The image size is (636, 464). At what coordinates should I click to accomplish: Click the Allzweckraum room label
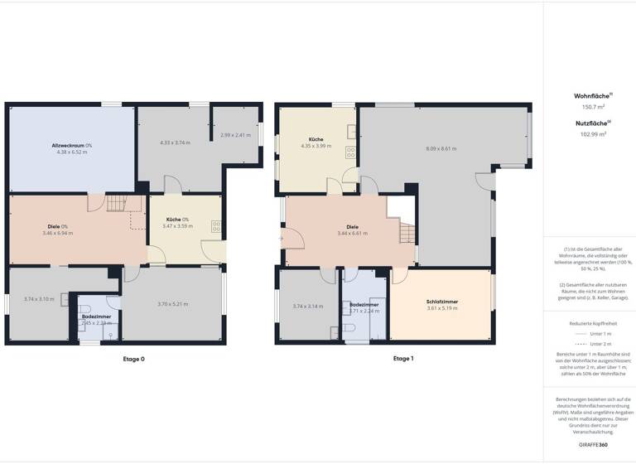point(71,145)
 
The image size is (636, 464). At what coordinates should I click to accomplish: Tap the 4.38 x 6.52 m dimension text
point(71,152)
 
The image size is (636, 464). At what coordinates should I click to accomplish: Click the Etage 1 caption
point(403,359)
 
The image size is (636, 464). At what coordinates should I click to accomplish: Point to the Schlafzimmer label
point(442,302)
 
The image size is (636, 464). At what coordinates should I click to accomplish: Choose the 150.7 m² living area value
point(590,107)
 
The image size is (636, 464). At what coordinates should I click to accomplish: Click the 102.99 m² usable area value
point(590,133)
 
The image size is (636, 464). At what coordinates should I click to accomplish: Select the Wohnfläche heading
point(589,96)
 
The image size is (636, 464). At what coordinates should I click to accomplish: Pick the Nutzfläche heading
point(589,123)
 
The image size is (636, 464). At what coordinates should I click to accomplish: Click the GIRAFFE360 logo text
point(590,445)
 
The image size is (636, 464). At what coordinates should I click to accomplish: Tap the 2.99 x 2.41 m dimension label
point(235,135)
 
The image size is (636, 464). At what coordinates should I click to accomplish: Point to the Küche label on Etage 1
point(316,139)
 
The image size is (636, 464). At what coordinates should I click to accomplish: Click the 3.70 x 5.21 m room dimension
point(174,304)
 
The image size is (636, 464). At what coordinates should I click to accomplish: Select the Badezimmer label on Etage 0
point(96,316)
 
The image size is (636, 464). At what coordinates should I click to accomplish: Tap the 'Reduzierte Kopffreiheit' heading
point(590,323)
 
